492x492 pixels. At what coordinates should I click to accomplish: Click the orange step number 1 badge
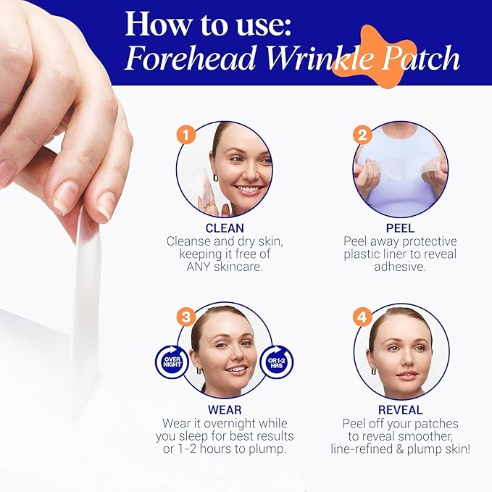[187, 135]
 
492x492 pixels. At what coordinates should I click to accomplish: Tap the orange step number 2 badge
[362, 135]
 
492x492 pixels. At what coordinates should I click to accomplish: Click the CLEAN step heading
[224, 228]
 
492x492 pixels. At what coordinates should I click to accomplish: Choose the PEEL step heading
[400, 228]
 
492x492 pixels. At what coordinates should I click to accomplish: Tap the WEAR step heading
[224, 410]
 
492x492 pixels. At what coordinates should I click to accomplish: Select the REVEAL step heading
[400, 410]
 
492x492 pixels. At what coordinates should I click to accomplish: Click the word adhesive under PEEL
[400, 267]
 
